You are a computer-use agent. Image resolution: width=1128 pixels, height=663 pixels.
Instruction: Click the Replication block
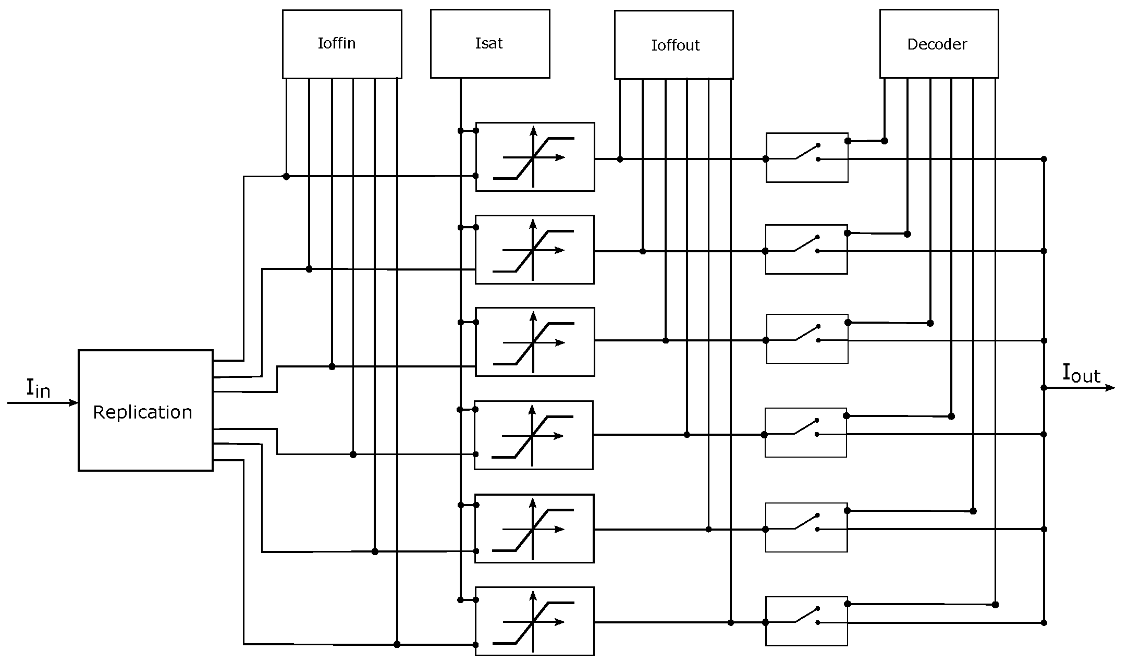(145, 411)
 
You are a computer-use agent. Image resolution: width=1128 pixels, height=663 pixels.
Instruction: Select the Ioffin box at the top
(342, 44)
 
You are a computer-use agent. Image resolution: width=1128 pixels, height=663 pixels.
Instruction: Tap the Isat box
(489, 44)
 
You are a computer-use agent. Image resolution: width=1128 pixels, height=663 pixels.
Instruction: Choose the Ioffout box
(673, 45)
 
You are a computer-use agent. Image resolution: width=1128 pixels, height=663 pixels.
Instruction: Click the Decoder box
(939, 44)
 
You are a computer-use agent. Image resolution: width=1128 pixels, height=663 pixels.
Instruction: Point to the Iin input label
(38, 389)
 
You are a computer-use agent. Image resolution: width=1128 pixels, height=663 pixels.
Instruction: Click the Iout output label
(1081, 374)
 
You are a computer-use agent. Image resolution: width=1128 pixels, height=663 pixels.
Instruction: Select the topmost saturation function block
(535, 157)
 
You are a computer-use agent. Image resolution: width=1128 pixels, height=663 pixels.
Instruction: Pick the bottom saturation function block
(534, 621)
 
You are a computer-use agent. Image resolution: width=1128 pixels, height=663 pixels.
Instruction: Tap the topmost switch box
(806, 157)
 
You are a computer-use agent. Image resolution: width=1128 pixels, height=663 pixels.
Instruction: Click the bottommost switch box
(806, 621)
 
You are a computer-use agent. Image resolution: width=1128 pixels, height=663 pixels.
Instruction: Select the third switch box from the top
(807, 339)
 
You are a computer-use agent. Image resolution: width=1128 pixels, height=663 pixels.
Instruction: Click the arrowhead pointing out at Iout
(1110, 388)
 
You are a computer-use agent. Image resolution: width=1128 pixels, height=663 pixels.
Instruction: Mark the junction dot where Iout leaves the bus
(1044, 388)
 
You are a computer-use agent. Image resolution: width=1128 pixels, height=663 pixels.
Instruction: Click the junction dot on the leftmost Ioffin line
(286, 177)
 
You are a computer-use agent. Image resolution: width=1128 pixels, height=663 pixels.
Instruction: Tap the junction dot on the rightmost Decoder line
(995, 605)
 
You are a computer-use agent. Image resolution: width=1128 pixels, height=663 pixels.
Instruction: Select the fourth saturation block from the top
(533, 435)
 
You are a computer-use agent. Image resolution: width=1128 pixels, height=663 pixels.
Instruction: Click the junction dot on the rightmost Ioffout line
(731, 622)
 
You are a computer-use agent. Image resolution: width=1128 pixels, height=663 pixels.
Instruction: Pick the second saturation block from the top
(534, 250)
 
